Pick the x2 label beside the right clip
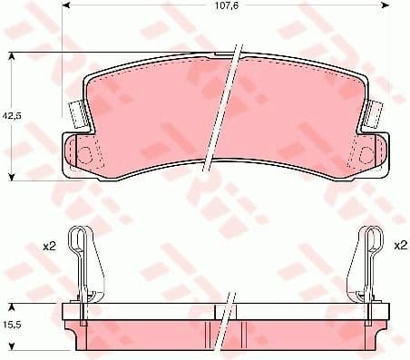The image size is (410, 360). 400,246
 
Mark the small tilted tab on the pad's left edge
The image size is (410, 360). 78,113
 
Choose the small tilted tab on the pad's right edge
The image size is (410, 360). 372,113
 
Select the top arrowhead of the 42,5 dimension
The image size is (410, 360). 12,57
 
